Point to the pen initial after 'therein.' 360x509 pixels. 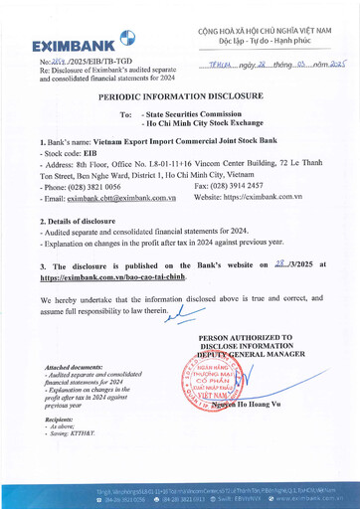click(x=158, y=314)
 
